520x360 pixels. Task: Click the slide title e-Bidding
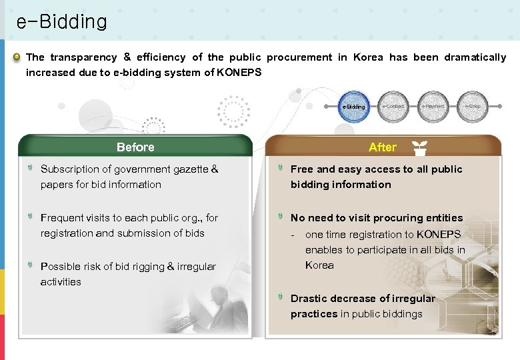[61, 22]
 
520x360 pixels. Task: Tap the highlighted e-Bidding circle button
[353, 107]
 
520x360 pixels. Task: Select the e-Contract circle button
[393, 107]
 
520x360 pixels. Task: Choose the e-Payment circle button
[433, 107]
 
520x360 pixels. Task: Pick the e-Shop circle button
[473, 107]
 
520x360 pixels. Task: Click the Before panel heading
[135, 147]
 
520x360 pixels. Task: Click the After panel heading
[382, 147]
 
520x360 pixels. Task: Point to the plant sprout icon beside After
[419, 147]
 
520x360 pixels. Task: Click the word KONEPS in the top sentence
[239, 73]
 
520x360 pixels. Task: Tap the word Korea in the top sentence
[368, 57]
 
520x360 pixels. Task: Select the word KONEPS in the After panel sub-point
[439, 235]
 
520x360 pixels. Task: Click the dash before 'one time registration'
[293, 235]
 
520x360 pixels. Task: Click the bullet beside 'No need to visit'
[281, 217]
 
